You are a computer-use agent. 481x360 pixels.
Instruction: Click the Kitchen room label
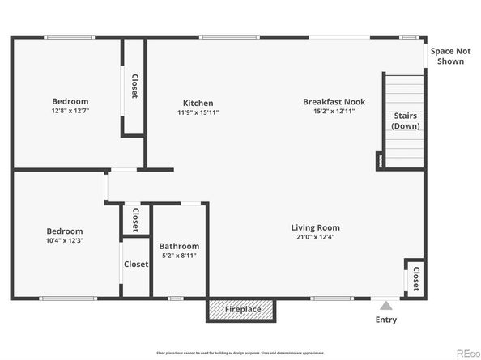198,103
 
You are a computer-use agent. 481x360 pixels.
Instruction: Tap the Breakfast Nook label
334,102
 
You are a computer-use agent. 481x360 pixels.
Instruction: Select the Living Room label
315,227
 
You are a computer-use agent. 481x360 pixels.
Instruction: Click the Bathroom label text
178,246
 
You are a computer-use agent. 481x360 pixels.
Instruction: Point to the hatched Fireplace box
242,309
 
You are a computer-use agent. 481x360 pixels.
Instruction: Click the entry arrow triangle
386,306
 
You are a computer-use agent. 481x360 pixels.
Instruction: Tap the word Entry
386,320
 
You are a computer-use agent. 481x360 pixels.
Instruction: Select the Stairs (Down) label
404,121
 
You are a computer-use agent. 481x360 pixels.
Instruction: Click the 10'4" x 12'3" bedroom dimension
64,240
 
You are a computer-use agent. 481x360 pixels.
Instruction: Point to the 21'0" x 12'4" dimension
315,237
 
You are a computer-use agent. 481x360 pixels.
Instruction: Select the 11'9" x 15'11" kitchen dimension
198,112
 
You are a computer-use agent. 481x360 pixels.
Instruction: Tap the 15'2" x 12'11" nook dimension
334,112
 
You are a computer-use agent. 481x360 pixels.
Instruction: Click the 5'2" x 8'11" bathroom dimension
178,256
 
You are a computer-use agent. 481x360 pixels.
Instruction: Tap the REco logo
466,353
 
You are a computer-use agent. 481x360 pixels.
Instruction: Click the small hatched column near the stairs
379,161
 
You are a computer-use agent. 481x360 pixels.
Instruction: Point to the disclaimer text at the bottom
240,353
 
